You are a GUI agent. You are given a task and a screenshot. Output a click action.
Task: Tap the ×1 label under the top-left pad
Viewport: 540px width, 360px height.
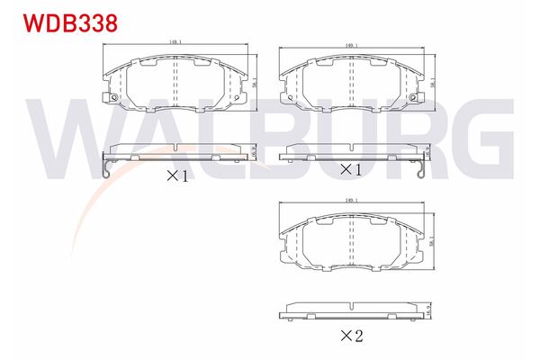(x=177, y=176)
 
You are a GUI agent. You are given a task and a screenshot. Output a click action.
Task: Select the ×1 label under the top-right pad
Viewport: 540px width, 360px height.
(x=350, y=169)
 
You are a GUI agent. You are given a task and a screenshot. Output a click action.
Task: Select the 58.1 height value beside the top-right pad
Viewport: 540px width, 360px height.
(x=433, y=84)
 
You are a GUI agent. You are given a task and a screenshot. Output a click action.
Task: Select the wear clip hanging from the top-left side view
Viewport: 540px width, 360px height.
(x=107, y=167)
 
